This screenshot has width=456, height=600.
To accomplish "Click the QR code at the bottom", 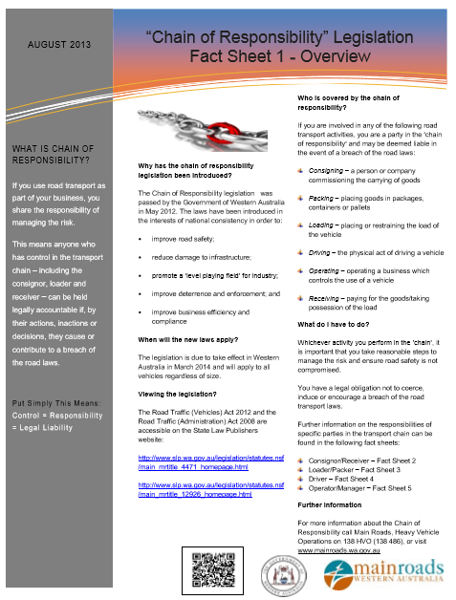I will pos(209,569).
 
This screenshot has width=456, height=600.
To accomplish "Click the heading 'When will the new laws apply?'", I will pos(189,339).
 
